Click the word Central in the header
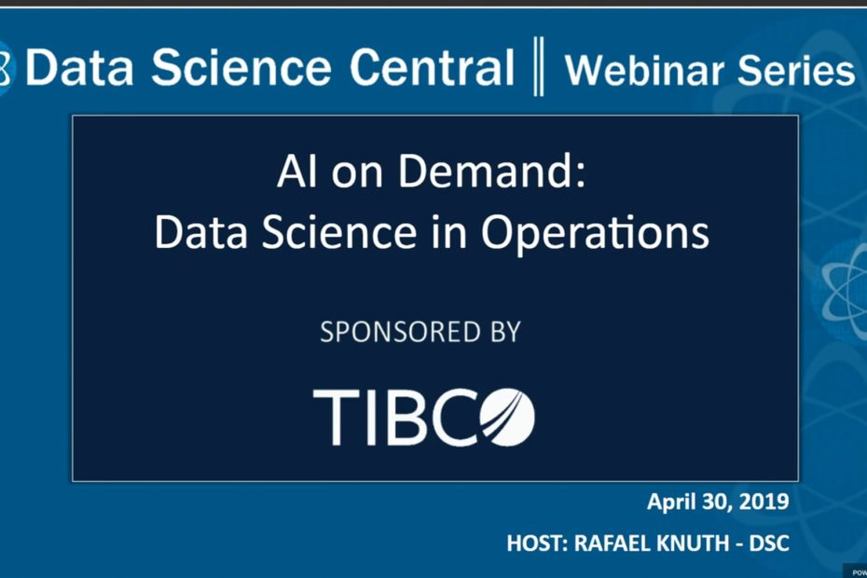432,66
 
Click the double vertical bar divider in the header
539,66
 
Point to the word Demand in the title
491,171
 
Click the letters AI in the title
297,172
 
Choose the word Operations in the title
595,233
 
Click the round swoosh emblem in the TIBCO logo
507,417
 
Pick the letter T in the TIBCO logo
335,417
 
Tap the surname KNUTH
693,544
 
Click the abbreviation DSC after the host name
769,544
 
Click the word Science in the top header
241,66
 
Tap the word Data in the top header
79,67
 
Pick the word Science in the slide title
339,232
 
